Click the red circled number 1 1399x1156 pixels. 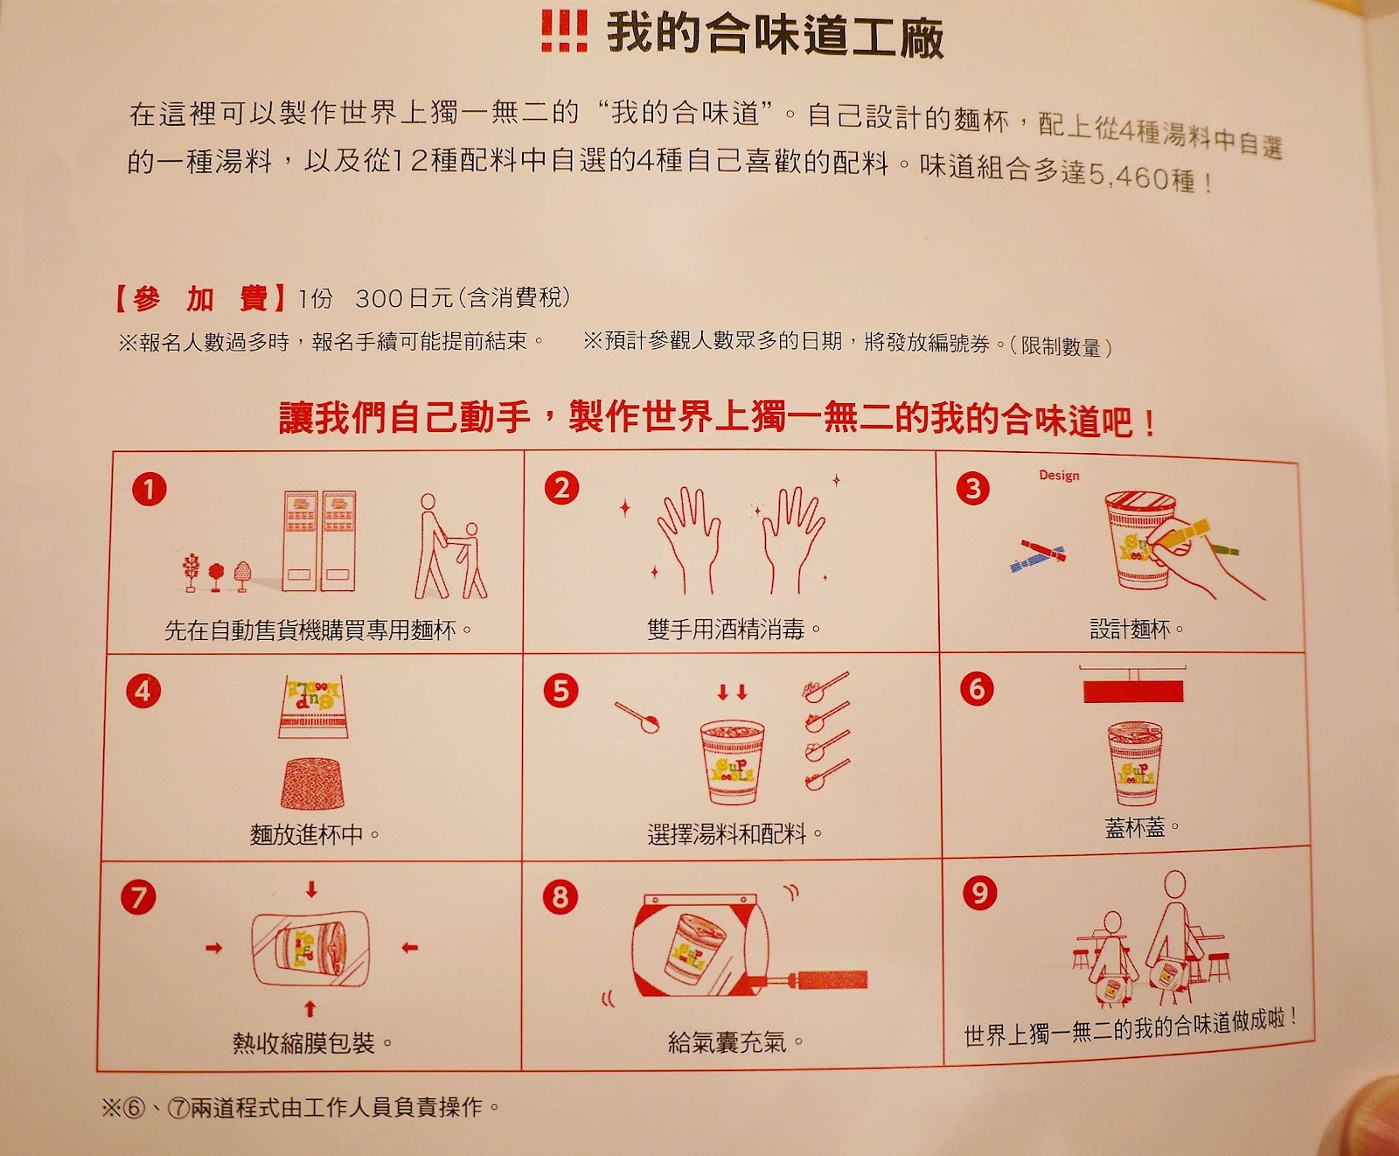click(x=149, y=489)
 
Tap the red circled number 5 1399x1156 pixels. click(x=560, y=691)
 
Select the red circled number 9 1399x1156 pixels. click(x=979, y=892)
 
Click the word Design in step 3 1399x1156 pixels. click(x=1059, y=476)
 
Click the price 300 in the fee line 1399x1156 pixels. click(x=379, y=299)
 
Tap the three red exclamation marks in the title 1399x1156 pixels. click(x=564, y=31)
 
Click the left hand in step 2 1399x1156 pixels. click(x=688, y=539)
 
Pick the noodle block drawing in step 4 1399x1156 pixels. click(x=312, y=783)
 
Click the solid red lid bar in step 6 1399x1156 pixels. click(x=1133, y=692)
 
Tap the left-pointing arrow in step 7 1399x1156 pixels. click(x=409, y=947)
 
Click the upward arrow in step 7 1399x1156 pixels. click(x=310, y=1009)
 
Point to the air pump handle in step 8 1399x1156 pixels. click(x=830, y=978)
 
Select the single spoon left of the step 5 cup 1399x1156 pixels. click(x=637, y=718)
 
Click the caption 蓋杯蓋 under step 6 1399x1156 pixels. click(x=1135, y=826)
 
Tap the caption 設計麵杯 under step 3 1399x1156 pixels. click(x=1130, y=629)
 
